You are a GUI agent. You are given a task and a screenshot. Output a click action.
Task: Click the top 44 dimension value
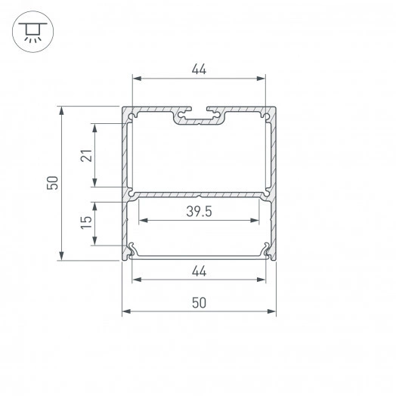(x=199, y=70)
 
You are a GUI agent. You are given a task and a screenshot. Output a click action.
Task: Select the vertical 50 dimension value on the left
(x=51, y=183)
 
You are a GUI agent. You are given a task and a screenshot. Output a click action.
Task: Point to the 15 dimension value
(x=85, y=222)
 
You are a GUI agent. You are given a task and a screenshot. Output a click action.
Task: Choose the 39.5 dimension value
(x=199, y=212)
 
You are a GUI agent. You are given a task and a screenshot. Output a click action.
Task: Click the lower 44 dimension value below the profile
(x=199, y=271)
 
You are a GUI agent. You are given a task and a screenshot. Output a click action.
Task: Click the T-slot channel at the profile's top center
(x=199, y=117)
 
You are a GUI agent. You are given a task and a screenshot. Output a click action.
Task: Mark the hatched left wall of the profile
(x=125, y=181)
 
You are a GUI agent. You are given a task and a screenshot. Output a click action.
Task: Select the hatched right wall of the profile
(x=273, y=181)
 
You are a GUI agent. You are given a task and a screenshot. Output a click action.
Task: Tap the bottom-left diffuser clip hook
(x=132, y=249)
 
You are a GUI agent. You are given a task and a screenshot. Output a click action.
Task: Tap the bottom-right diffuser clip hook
(x=265, y=249)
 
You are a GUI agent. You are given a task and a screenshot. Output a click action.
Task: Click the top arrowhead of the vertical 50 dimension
(x=60, y=110)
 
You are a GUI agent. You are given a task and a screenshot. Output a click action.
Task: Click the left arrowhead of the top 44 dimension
(x=137, y=78)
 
